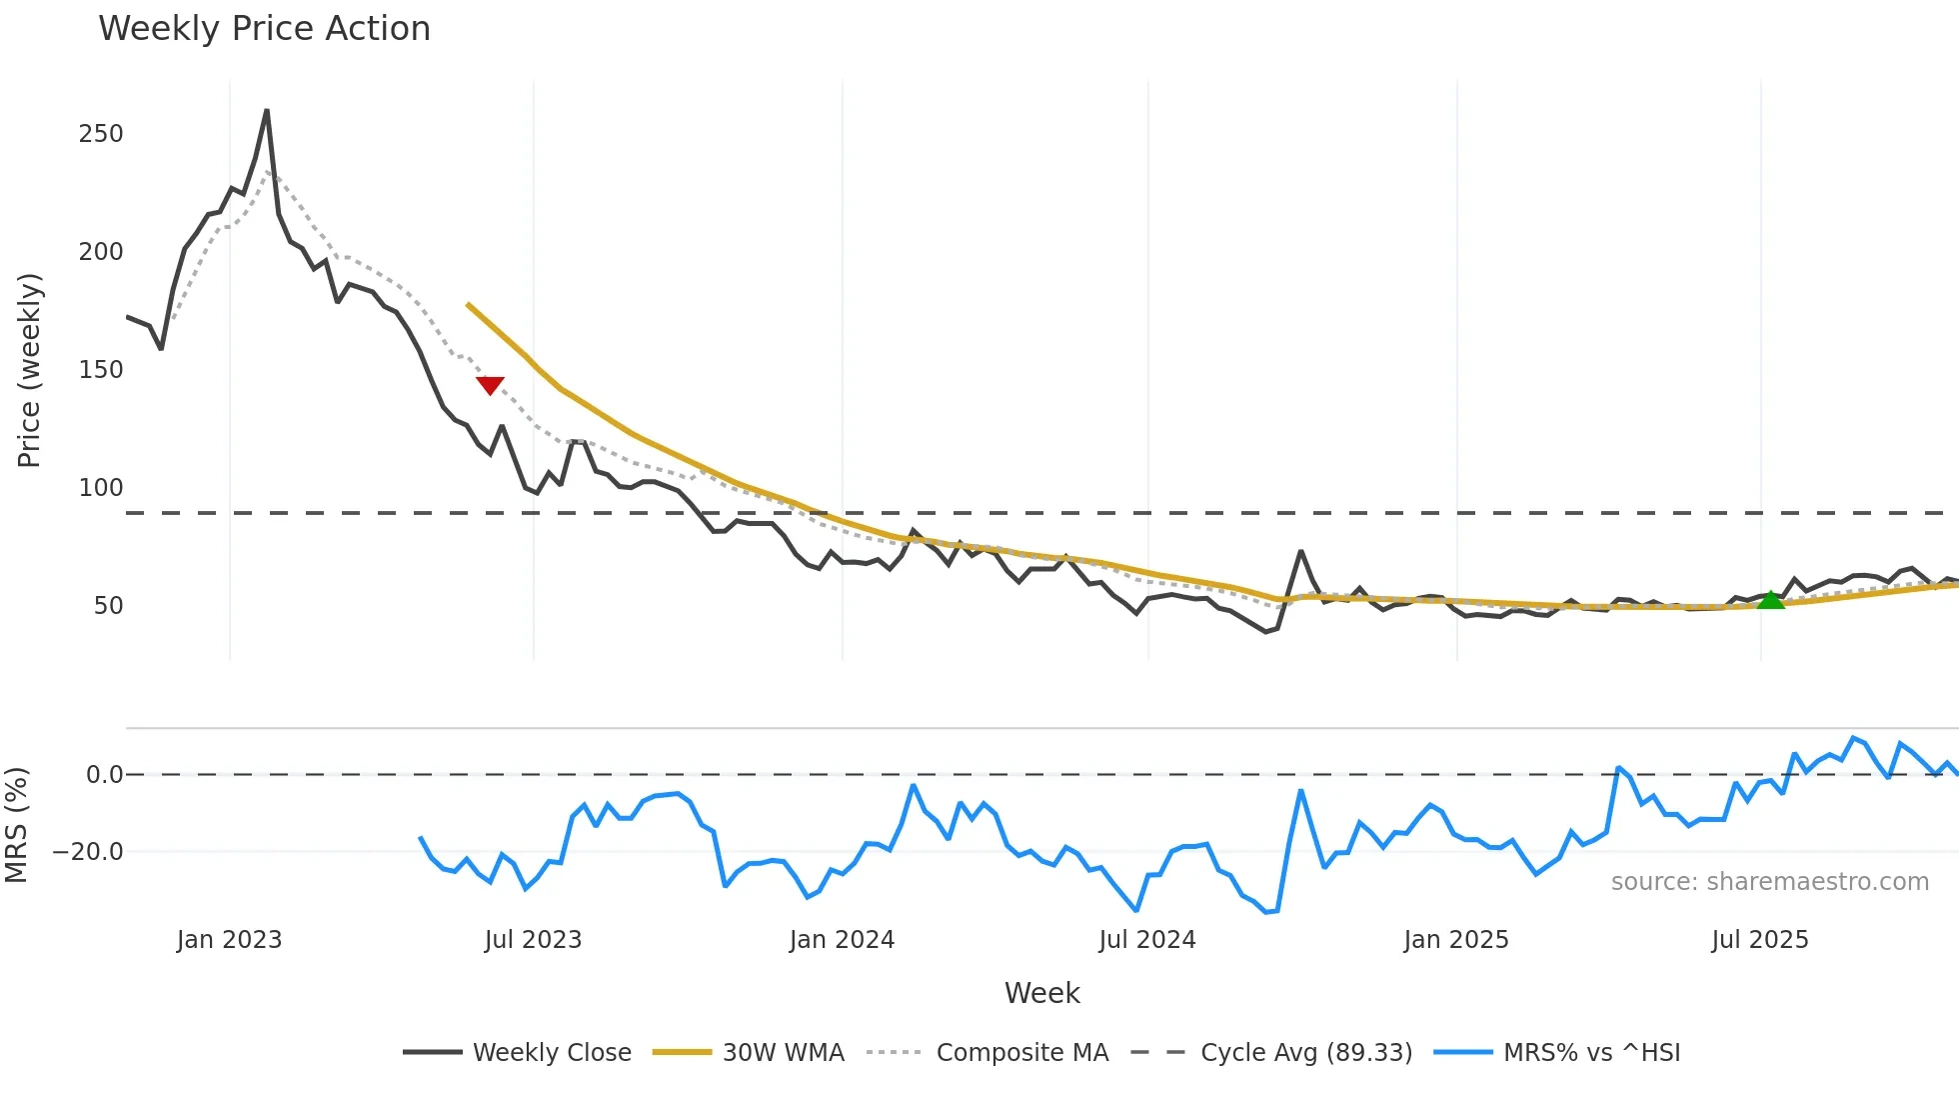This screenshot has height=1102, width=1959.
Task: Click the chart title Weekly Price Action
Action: click(264, 29)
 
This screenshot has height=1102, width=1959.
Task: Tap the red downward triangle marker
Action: click(490, 385)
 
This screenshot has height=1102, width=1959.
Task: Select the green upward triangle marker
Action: click(1770, 600)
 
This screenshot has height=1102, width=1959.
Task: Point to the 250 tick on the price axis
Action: click(101, 134)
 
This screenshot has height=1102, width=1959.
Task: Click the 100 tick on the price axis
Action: click(101, 488)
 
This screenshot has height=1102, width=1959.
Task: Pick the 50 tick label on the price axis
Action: click(108, 606)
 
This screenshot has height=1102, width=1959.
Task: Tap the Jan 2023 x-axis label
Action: click(229, 940)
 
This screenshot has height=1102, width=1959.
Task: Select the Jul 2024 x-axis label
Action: click(1146, 940)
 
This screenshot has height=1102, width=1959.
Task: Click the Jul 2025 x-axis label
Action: click(1759, 940)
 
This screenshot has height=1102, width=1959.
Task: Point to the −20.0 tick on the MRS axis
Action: click(88, 852)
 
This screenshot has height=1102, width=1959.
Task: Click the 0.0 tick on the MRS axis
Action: click(104, 775)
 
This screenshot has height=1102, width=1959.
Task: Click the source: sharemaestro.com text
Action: click(1769, 882)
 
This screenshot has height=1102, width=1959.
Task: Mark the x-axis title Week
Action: click(1041, 993)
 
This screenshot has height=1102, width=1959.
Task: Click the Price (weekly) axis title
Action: click(29, 370)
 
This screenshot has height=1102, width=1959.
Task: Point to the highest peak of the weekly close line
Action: click(267, 110)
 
